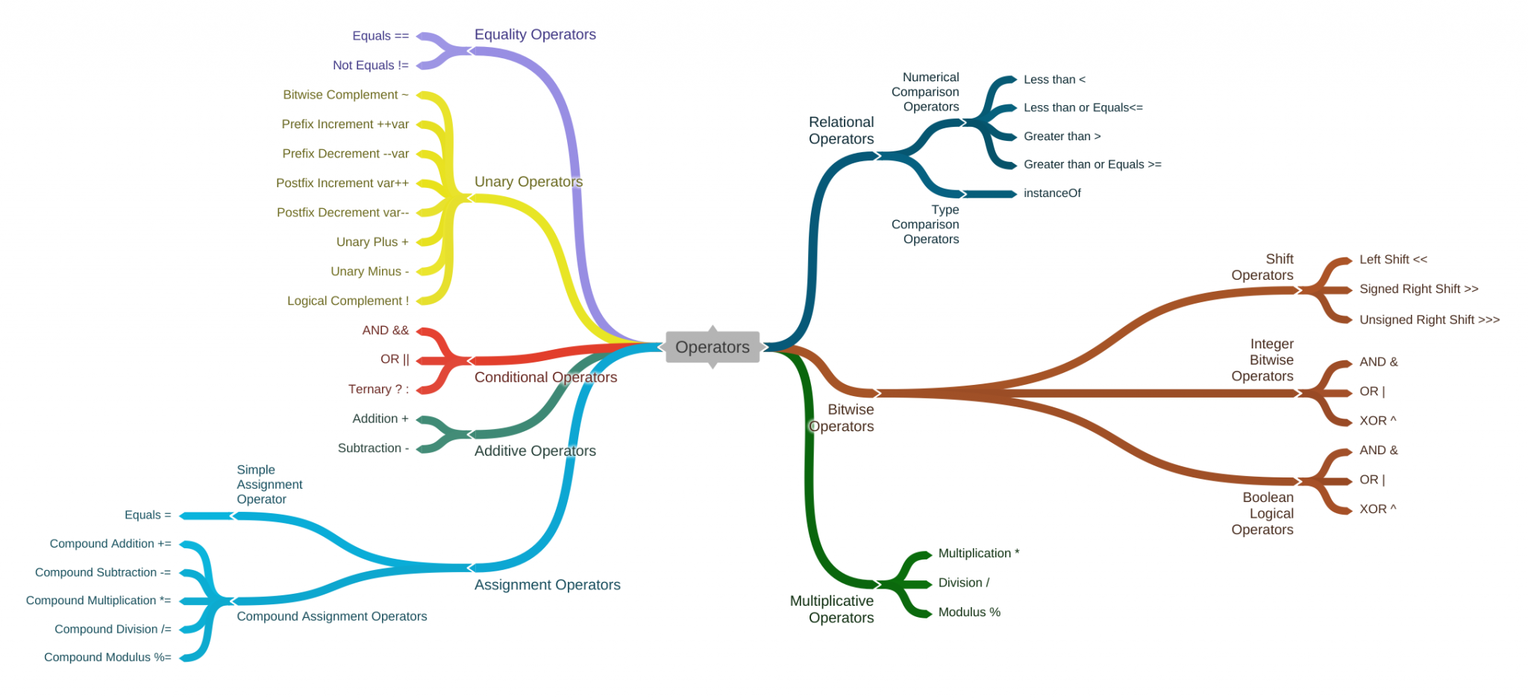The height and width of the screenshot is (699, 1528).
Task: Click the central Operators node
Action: [x=712, y=347]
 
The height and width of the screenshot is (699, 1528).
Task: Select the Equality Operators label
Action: [x=535, y=34]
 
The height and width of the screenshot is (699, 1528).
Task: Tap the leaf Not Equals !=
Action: [x=370, y=66]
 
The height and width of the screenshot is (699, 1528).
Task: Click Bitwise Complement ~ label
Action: [x=345, y=95]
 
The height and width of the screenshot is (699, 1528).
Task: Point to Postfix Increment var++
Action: [x=342, y=183]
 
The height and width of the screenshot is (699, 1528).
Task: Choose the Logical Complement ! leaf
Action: [x=348, y=301]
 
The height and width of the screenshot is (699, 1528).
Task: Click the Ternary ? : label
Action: [x=378, y=389]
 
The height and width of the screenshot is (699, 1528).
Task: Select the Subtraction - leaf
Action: [x=373, y=448]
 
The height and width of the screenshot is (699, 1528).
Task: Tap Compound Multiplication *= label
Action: [x=98, y=601]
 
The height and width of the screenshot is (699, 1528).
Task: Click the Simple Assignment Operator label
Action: [x=269, y=485]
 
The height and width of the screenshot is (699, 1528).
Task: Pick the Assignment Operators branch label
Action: [x=547, y=585]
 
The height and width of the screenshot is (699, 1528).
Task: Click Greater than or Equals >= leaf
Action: [x=1092, y=165]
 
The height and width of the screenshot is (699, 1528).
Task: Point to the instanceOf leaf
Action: [x=1052, y=193]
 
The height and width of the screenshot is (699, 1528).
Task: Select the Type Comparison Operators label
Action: [x=926, y=225]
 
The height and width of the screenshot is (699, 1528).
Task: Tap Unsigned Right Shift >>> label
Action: [x=1429, y=320]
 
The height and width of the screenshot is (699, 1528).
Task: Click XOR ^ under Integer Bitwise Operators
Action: [x=1377, y=421]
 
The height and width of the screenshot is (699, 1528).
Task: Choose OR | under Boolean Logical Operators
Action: [x=1372, y=480]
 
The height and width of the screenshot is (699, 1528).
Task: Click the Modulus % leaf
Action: [x=969, y=612]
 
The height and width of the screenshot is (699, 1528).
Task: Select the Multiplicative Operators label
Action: [x=833, y=609]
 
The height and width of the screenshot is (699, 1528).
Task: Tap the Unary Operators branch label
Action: [x=528, y=182]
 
